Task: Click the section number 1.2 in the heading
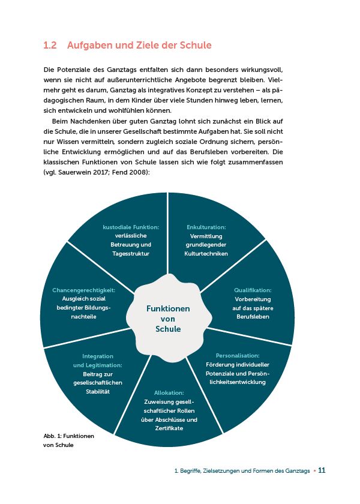(50, 46)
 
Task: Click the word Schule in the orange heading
(195, 46)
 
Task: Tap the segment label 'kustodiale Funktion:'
(131, 227)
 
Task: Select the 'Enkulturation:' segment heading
(206, 227)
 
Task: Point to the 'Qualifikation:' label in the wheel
(253, 290)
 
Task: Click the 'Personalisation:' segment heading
(238, 355)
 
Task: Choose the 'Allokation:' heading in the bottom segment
(169, 393)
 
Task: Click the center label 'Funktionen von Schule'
(169, 319)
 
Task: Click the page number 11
(322, 471)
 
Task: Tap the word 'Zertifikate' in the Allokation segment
(169, 428)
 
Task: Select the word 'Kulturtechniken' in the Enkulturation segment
(206, 254)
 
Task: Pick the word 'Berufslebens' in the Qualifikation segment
(253, 316)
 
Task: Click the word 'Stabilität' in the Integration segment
(98, 391)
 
